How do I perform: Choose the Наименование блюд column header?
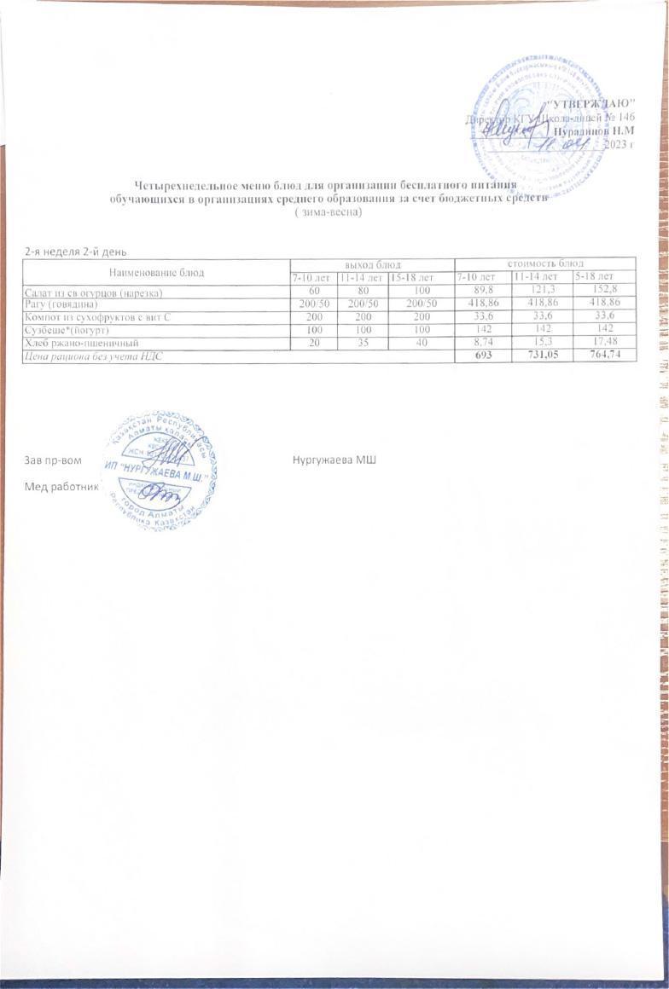click(x=155, y=271)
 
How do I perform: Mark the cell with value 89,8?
click(x=482, y=292)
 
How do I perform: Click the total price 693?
click(x=482, y=354)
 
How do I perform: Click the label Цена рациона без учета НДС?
click(x=92, y=354)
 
